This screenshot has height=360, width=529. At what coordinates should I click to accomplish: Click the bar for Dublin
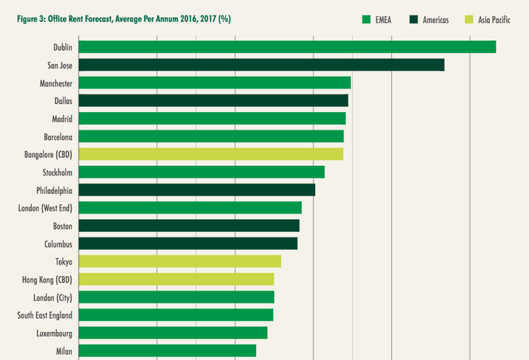(287, 46)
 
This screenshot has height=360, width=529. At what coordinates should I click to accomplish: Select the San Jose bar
(261, 65)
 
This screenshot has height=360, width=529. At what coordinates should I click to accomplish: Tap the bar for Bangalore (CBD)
(210, 154)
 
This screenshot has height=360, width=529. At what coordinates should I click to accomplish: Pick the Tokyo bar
(179, 261)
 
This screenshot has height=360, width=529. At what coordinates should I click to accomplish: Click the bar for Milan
(167, 350)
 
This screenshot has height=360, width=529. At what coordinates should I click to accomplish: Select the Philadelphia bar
(196, 190)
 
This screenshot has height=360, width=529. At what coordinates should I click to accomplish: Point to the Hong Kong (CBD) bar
(176, 279)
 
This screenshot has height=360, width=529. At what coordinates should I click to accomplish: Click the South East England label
(45, 315)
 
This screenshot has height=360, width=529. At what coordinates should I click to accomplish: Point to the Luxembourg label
(54, 333)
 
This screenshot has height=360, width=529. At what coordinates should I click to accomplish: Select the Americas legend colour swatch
(415, 19)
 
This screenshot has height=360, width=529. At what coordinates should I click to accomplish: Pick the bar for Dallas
(212, 100)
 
